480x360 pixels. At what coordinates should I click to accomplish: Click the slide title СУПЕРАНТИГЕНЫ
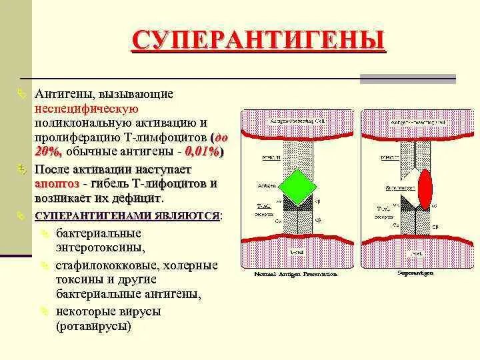pos(258,41)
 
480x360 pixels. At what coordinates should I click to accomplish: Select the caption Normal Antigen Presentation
pos(295,274)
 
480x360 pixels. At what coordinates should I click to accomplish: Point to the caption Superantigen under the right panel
pos(415,273)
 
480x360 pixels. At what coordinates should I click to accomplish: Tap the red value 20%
pos(48,152)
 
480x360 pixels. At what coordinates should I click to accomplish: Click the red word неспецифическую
pos(86,109)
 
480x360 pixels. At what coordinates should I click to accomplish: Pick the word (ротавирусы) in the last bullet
pos(94,327)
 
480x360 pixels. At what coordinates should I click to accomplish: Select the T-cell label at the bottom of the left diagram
pos(296,253)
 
